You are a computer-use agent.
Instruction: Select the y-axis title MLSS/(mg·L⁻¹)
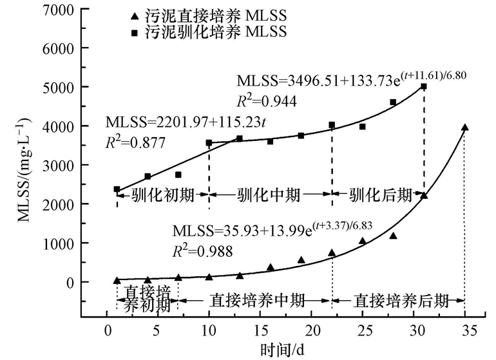click(x=23, y=164)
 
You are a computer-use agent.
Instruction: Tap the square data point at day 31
click(x=424, y=86)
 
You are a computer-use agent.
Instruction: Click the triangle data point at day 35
click(x=464, y=128)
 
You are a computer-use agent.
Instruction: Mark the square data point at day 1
click(x=117, y=189)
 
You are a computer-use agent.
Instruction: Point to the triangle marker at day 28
click(x=393, y=236)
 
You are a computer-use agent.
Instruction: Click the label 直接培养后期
click(x=399, y=299)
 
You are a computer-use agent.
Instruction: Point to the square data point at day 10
click(x=209, y=143)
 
